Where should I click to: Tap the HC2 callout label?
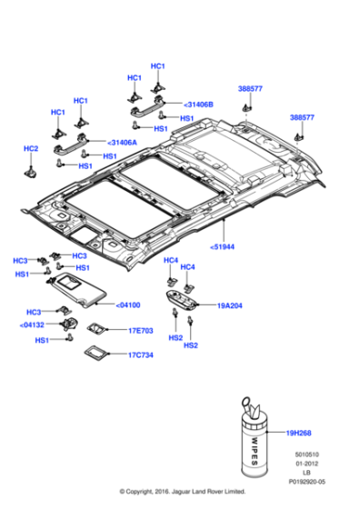[31, 148]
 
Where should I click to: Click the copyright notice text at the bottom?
[180, 492]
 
